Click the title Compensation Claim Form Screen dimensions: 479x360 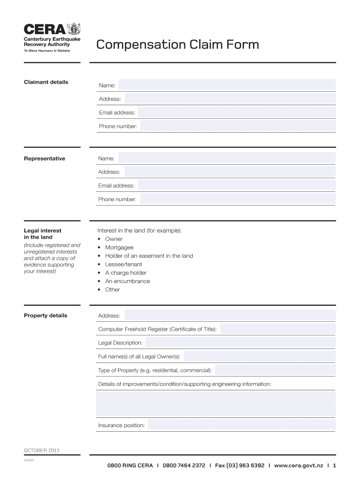[x=177, y=45]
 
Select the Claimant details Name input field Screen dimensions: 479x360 [x=226, y=85]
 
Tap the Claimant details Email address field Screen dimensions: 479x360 [x=237, y=113]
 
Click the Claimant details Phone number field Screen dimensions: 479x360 [x=238, y=126]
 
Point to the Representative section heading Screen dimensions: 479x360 [x=44, y=159]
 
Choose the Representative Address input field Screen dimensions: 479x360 [x=230, y=172]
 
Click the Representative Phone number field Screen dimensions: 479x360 [x=238, y=199]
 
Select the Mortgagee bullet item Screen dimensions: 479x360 [x=119, y=247]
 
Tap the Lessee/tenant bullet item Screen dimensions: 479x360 [x=123, y=264]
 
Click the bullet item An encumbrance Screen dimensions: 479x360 [x=127, y=281]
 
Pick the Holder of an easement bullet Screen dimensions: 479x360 [x=149, y=256]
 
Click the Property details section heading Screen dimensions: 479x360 [x=45, y=315]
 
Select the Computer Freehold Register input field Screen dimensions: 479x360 [x=277, y=329]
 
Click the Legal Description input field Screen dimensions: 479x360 [x=240, y=343]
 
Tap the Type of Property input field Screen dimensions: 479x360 [x=275, y=370]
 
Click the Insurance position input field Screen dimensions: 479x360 [x=242, y=425]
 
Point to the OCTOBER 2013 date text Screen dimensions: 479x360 [x=42, y=450]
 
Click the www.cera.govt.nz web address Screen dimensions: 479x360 [x=299, y=466]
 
